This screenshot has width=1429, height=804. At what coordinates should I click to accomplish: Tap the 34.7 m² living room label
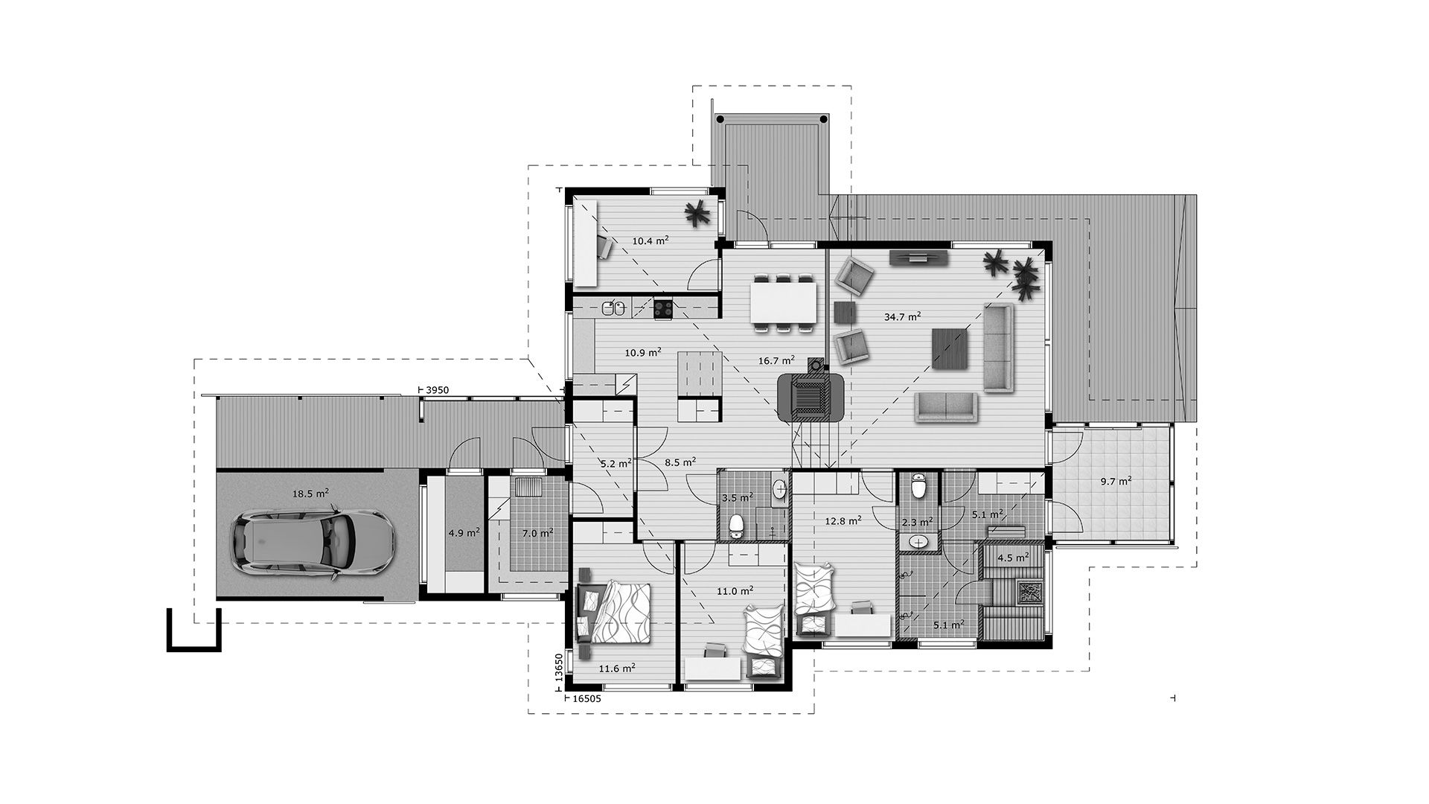(x=903, y=316)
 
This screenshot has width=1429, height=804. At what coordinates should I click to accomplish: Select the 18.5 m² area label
(x=310, y=493)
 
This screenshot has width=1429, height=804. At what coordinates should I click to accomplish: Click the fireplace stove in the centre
(x=811, y=395)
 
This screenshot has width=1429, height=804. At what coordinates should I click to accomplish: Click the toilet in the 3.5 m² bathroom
(x=737, y=524)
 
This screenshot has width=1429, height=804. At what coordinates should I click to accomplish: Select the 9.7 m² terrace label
(x=1116, y=481)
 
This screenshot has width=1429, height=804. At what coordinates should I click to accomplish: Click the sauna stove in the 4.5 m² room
(x=1031, y=592)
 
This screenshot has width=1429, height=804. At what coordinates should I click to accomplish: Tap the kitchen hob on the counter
(x=663, y=308)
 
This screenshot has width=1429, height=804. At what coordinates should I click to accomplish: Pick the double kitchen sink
(x=613, y=307)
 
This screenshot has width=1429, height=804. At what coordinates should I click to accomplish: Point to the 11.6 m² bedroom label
(x=617, y=669)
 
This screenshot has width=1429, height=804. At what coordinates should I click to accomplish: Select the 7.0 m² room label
(x=537, y=533)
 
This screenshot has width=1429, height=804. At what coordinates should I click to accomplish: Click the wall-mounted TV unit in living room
(x=919, y=258)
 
